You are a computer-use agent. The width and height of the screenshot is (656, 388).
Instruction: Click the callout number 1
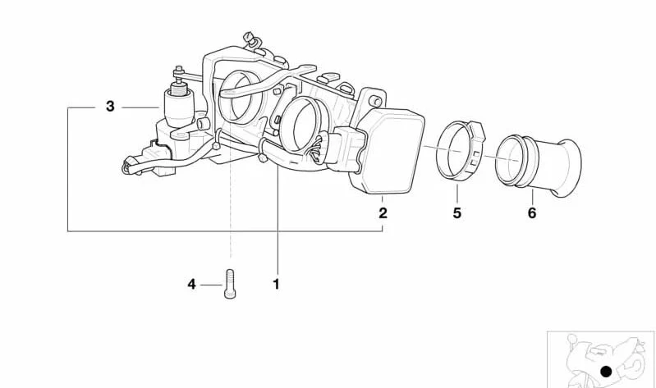(276, 285)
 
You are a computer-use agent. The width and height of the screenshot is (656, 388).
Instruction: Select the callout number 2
(383, 212)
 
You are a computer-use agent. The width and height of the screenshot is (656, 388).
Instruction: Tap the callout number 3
(110, 106)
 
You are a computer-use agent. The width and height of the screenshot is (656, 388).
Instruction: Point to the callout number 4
(191, 285)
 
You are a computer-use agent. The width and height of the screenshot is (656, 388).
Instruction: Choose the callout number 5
(456, 212)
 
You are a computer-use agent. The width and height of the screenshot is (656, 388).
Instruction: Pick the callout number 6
(532, 212)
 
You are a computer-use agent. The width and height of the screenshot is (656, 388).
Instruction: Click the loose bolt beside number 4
(230, 284)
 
